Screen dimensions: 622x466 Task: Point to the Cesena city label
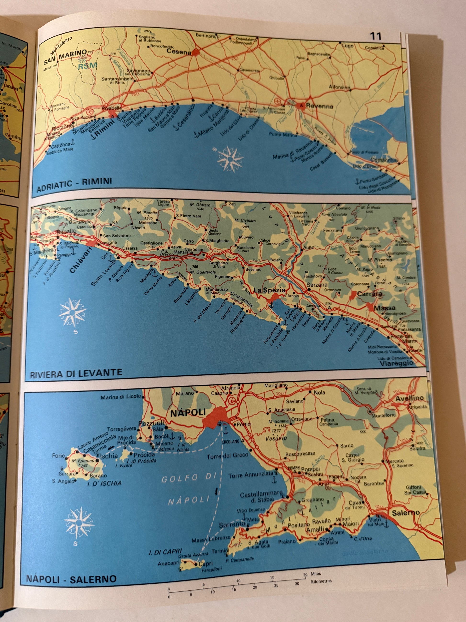[178, 52]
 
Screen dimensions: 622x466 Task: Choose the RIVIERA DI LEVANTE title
[76, 373]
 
